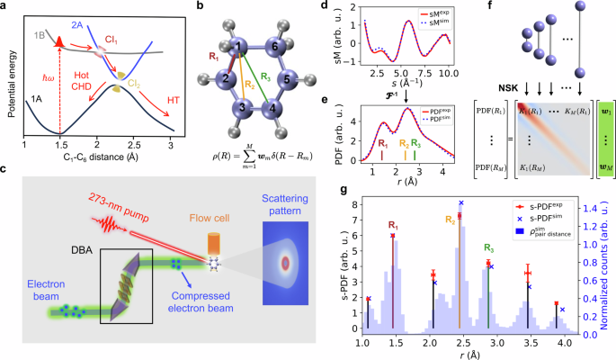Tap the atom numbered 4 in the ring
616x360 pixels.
271,112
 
